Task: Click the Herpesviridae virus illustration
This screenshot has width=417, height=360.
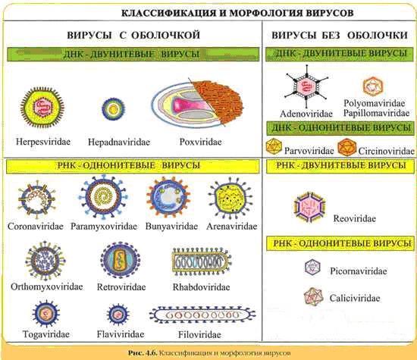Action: pyautogui.click(x=42, y=108)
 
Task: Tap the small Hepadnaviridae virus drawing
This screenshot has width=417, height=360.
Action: pyautogui.click(x=114, y=108)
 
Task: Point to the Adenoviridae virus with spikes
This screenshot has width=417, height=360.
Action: pyautogui.click(x=306, y=86)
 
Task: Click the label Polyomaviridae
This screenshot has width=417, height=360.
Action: pyautogui.click(x=375, y=103)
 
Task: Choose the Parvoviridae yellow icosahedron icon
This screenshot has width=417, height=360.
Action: pyautogui.click(x=274, y=146)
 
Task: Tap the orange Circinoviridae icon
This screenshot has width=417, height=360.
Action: pyautogui.click(x=347, y=147)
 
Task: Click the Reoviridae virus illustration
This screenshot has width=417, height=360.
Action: pyautogui.click(x=309, y=207)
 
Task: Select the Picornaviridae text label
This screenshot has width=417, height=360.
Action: pyautogui.click(x=359, y=271)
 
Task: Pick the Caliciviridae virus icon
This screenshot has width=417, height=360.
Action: pyautogui.click(x=314, y=296)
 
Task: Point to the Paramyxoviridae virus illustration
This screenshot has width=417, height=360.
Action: pyautogui.click(x=103, y=196)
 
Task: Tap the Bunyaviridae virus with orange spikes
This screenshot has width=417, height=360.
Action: pyautogui.click(x=168, y=197)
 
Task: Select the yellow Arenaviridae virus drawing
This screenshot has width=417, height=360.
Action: pyautogui.click(x=230, y=199)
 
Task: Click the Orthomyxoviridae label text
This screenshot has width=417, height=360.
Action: pyautogui.click(x=47, y=287)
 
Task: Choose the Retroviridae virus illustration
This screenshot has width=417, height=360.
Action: pyautogui.click(x=121, y=260)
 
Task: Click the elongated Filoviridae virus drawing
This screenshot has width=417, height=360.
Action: pyautogui.click(x=202, y=315)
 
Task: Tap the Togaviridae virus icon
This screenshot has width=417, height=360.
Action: pyautogui.click(x=46, y=314)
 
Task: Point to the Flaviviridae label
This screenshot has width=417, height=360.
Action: pyautogui.click(x=121, y=334)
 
